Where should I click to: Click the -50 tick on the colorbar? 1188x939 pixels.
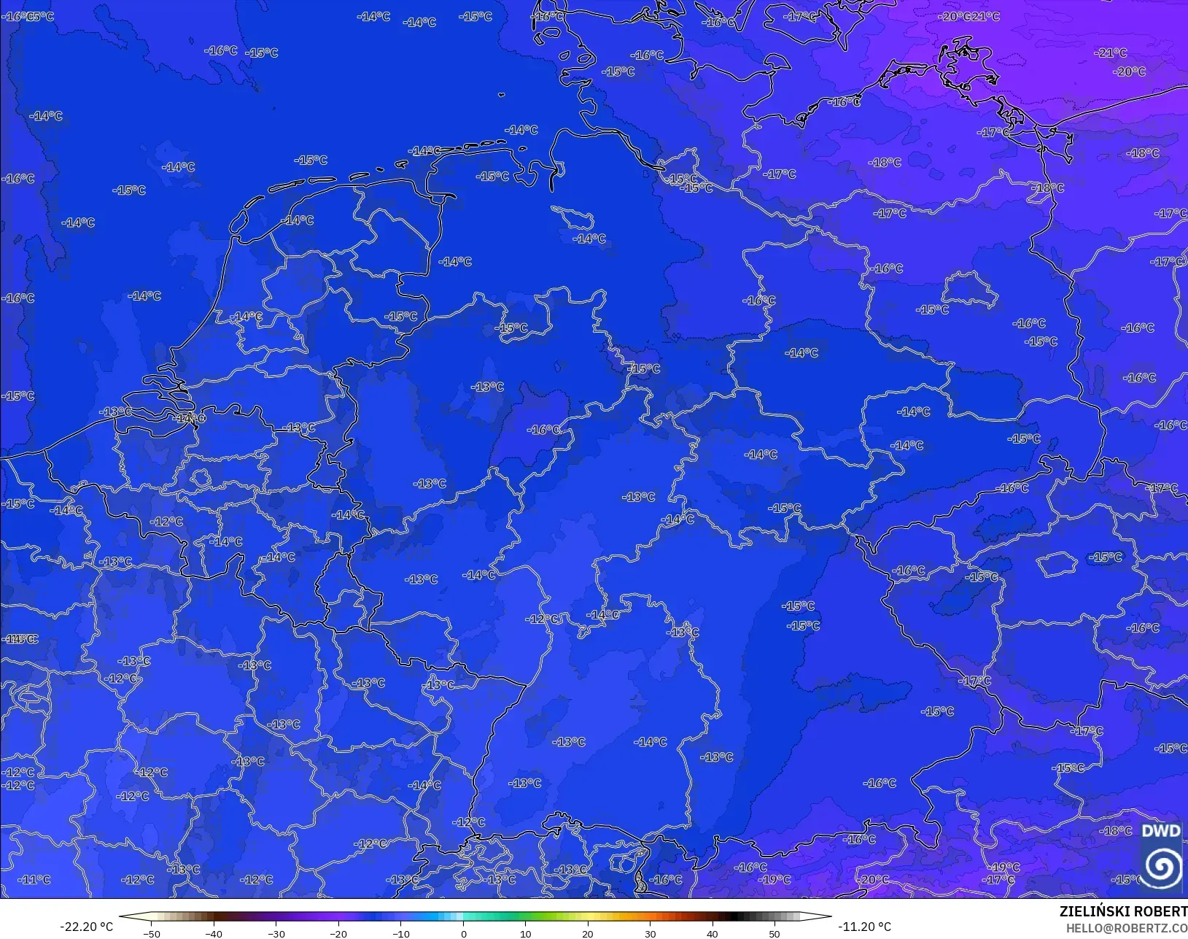pyautogui.click(x=152, y=933)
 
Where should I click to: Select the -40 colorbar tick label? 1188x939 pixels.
pyautogui.click(x=214, y=933)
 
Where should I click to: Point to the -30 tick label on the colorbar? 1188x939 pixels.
pyautogui.click(x=276, y=933)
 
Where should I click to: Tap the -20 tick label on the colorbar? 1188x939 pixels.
pyautogui.click(x=338, y=933)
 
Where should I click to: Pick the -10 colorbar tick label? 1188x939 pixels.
pyautogui.click(x=401, y=933)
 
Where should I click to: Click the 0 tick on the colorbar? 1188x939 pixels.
pyautogui.click(x=463, y=933)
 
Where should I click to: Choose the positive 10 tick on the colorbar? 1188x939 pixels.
pyautogui.click(x=525, y=933)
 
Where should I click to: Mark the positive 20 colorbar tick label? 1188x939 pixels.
pyautogui.click(x=588, y=933)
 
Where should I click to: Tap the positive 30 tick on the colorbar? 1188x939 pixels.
pyautogui.click(x=650, y=933)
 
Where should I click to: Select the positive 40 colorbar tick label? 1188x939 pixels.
pyautogui.click(x=713, y=933)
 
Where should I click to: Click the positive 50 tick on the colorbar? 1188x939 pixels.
pyautogui.click(x=774, y=933)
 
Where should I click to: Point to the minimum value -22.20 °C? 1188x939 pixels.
pyautogui.click(x=86, y=927)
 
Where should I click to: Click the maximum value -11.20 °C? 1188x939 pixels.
pyautogui.click(x=864, y=927)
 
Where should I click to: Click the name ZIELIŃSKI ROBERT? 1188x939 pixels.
pyautogui.click(x=1123, y=912)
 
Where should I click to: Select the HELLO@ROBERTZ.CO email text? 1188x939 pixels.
pyautogui.click(x=1127, y=928)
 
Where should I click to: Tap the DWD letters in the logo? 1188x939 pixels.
pyautogui.click(x=1161, y=831)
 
